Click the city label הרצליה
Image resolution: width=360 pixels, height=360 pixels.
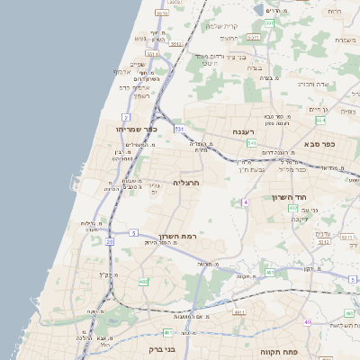[185, 182]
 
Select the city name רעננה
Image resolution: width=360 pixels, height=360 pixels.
[245, 132]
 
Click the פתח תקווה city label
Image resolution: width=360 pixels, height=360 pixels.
[280, 352]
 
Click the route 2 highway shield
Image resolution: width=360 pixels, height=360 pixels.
[126, 117]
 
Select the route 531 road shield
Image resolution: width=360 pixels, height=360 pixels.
[180, 129]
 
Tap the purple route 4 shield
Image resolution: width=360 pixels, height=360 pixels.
[245, 202]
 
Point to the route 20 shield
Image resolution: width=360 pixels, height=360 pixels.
[110, 241]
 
